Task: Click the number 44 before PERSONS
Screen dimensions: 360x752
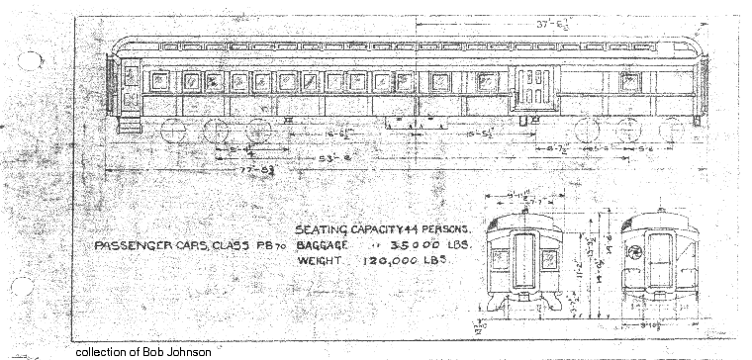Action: tap(402, 230)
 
